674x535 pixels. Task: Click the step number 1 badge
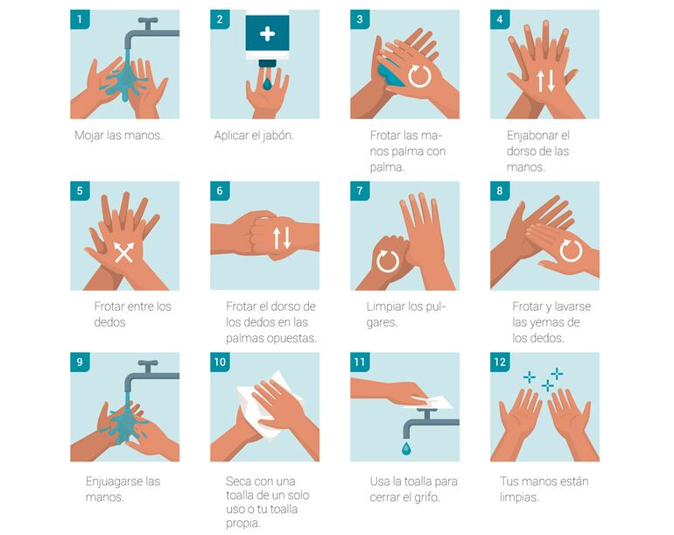tap(80, 19)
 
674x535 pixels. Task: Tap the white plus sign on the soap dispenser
tap(267, 33)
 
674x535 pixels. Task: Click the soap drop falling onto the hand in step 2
tap(267, 84)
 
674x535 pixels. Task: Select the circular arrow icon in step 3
tap(419, 76)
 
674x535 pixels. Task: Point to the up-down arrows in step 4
tap(545, 81)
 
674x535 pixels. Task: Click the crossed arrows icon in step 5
tap(123, 252)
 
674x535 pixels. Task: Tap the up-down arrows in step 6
tap(282, 238)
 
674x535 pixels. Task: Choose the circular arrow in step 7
tap(388, 261)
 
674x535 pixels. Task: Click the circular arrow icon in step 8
tap(571, 250)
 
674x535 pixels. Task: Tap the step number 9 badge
tap(80, 363)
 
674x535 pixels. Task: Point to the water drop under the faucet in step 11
tap(406, 447)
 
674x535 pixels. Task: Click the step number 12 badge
tap(500, 363)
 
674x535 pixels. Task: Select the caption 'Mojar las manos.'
tap(119, 136)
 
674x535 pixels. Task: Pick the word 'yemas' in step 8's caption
tap(551, 322)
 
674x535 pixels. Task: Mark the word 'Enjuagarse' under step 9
tap(114, 482)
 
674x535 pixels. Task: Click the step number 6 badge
tap(220, 191)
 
